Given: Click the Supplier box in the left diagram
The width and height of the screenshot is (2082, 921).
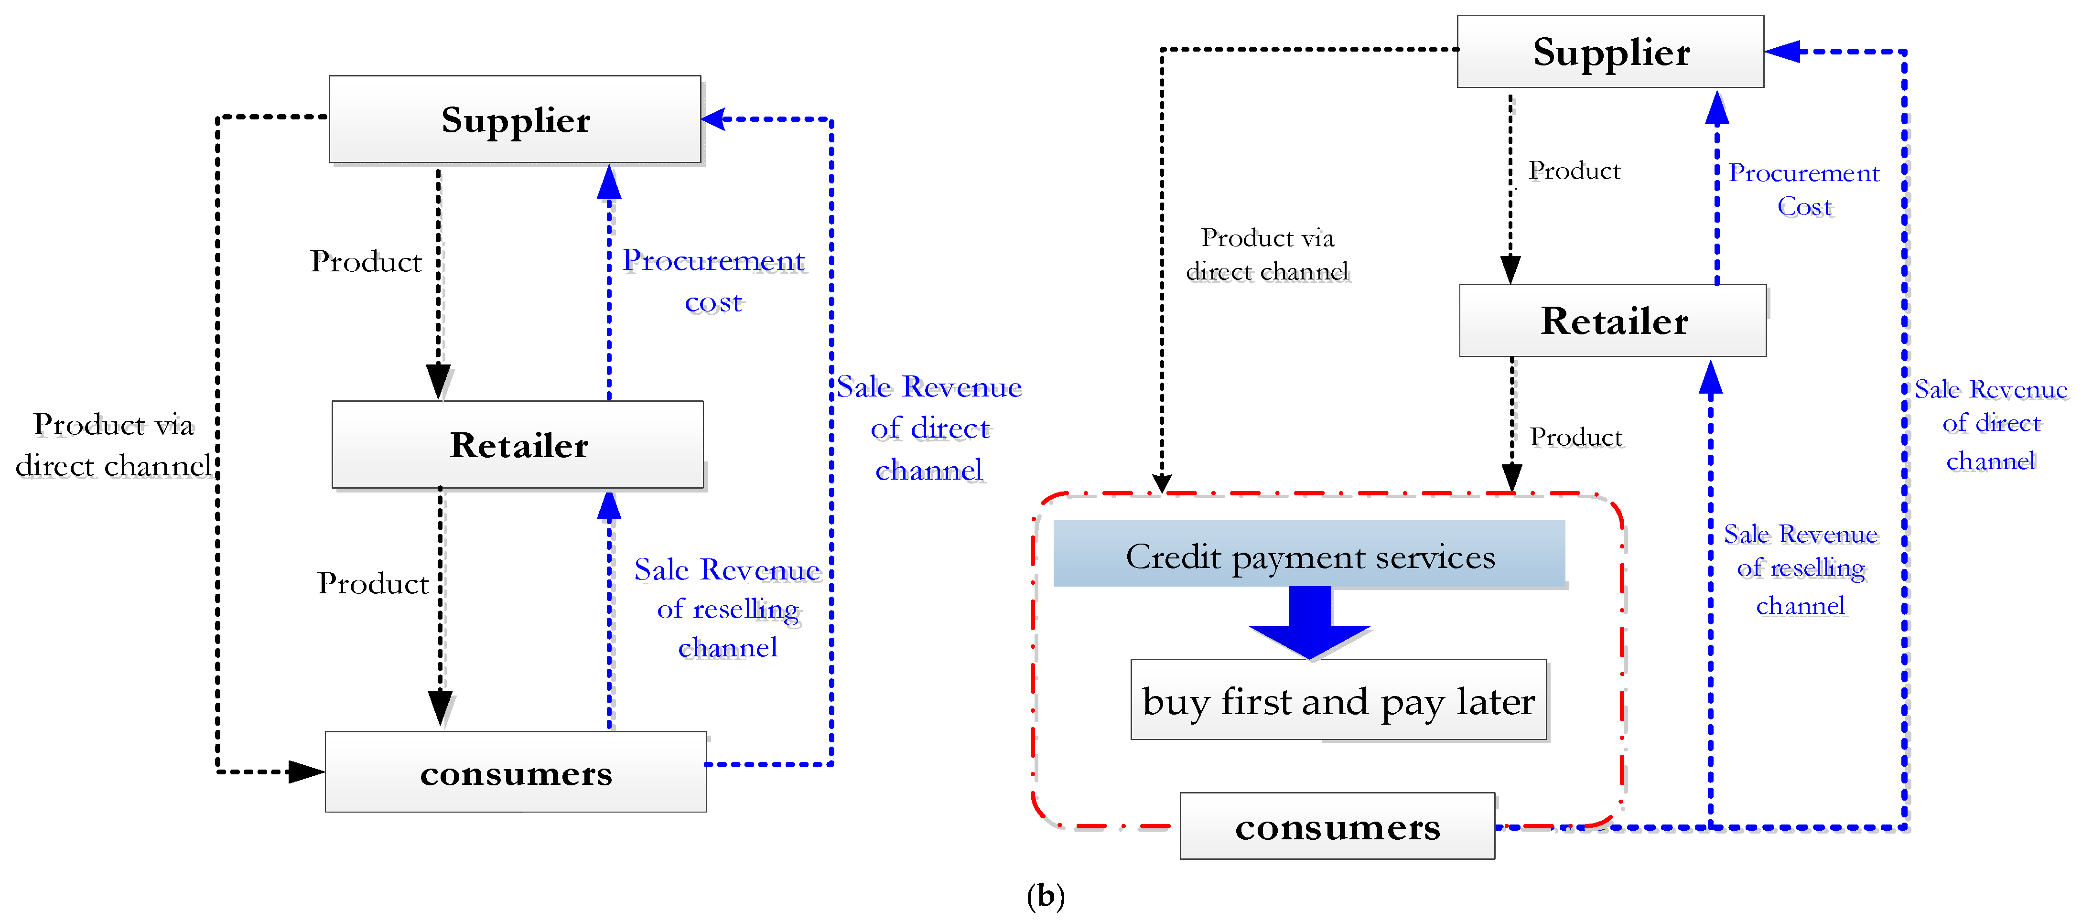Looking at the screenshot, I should click(515, 119).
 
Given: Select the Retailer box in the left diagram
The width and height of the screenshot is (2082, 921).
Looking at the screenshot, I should click(517, 444).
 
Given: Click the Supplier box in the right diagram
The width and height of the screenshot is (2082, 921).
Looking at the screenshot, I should click(1610, 52).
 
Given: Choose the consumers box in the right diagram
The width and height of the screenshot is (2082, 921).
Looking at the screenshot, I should click(1337, 825).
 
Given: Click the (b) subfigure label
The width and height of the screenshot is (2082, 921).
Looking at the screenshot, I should click(1045, 895).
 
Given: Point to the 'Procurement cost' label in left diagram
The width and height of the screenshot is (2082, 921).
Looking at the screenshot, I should click(713, 280).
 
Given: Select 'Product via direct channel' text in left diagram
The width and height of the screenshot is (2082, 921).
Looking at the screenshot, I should click(113, 444).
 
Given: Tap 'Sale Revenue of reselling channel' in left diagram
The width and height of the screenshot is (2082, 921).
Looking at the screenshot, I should click(727, 608).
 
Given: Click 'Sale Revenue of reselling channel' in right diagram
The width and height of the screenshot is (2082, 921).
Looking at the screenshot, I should click(1801, 569).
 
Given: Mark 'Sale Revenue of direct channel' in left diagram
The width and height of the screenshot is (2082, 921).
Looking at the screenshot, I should click(928, 428).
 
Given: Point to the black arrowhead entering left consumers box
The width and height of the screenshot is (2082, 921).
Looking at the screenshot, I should click(305, 771).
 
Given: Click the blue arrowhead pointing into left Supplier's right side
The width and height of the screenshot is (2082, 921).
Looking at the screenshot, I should click(714, 119).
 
